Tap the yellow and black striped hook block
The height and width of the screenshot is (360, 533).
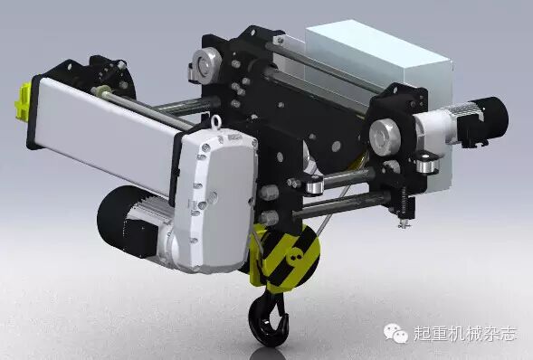(x=285, y=258)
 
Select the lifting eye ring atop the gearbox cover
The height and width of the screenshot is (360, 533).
(x=216, y=122)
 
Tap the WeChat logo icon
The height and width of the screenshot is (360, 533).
(x=396, y=333)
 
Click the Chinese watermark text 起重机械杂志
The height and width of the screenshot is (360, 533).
(x=464, y=334)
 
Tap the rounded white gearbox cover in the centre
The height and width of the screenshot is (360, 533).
(x=217, y=201)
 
